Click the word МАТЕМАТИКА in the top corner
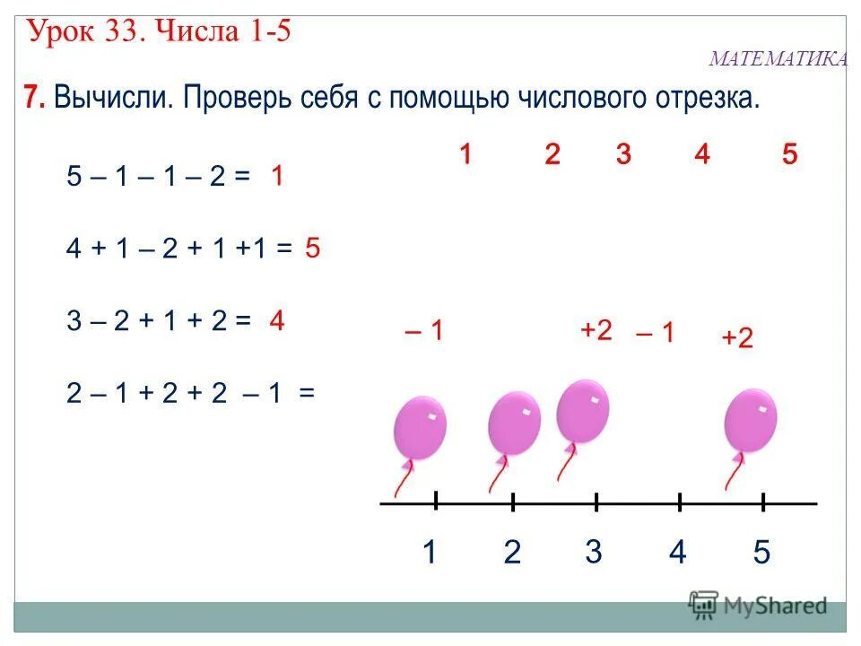(778, 59)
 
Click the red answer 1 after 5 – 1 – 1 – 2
(278, 177)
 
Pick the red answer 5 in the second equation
(312, 249)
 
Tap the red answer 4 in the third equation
(277, 320)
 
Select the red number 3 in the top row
(623, 154)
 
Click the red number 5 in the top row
(789, 154)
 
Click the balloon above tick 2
(514, 423)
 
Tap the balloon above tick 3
(582, 411)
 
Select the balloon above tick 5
(750, 420)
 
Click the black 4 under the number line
(677, 552)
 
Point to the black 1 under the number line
(430, 552)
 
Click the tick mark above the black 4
(680, 504)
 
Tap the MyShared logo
(758, 605)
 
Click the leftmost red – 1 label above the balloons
(424, 331)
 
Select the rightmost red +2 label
(736, 337)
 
